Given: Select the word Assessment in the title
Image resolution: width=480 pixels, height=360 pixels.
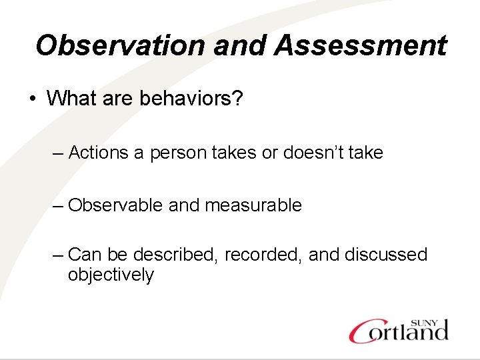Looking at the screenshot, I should (360, 46).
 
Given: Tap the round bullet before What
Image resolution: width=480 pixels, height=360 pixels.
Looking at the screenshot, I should (32, 99).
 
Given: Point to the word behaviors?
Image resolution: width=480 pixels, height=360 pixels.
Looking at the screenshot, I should (191, 99).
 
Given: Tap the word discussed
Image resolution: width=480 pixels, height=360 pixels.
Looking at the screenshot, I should (386, 255).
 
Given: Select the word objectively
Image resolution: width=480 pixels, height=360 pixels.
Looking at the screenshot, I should (111, 275).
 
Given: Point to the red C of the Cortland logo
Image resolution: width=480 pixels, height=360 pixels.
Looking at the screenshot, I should (363, 331).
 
